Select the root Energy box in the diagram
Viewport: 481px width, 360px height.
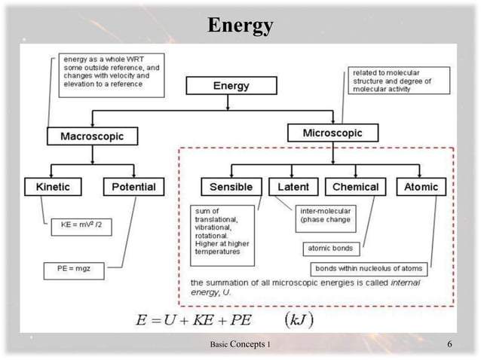pyautogui.click(x=231, y=85)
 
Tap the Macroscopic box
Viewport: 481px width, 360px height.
pyautogui.click(x=92, y=136)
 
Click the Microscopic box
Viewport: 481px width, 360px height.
pyautogui.click(x=332, y=133)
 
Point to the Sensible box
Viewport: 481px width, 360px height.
pyautogui.click(x=231, y=186)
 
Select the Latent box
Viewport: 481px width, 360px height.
pyautogui.click(x=293, y=186)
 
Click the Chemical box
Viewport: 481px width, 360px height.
pyautogui.click(x=355, y=186)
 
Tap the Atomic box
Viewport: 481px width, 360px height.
pyautogui.click(x=421, y=186)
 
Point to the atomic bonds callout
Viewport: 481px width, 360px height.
pyautogui.click(x=331, y=248)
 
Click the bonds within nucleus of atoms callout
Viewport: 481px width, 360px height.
pyautogui.click(x=369, y=268)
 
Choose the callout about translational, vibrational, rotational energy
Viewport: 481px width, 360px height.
pyautogui.click(x=222, y=234)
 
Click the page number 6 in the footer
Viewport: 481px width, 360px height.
pyautogui.click(x=449, y=344)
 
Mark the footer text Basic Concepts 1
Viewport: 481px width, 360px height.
pyautogui.click(x=241, y=344)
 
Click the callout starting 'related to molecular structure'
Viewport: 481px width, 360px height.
pyautogui.click(x=399, y=80)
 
